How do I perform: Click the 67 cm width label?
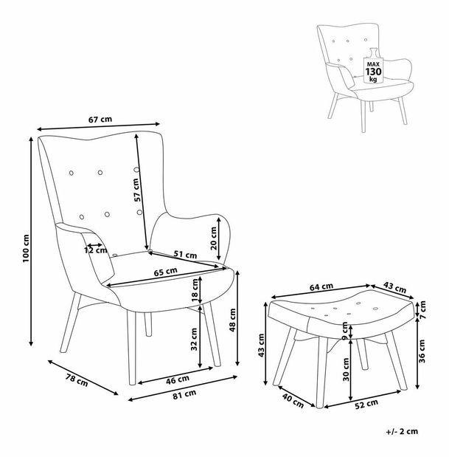tap(100, 120)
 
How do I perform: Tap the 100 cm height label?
tap(27, 248)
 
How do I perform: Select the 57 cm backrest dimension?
tap(137, 190)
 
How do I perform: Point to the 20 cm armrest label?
tap(214, 238)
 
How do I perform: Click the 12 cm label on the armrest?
tap(96, 250)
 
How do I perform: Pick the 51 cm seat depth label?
tap(185, 255)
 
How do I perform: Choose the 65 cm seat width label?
tap(165, 272)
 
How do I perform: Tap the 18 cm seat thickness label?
tap(195, 289)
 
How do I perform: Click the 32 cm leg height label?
tap(194, 340)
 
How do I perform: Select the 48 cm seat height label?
tap(233, 320)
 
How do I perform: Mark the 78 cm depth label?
tap(77, 380)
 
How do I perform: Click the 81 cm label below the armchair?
tap(184, 394)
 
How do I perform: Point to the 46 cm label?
tap(178, 379)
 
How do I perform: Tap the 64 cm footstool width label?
tap(321, 286)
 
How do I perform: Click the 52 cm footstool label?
tap(366, 404)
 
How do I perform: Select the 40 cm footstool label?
tap(293, 401)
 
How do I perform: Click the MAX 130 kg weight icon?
tap(372, 66)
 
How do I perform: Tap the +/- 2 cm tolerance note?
tap(402, 431)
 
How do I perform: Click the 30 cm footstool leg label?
tap(346, 370)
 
